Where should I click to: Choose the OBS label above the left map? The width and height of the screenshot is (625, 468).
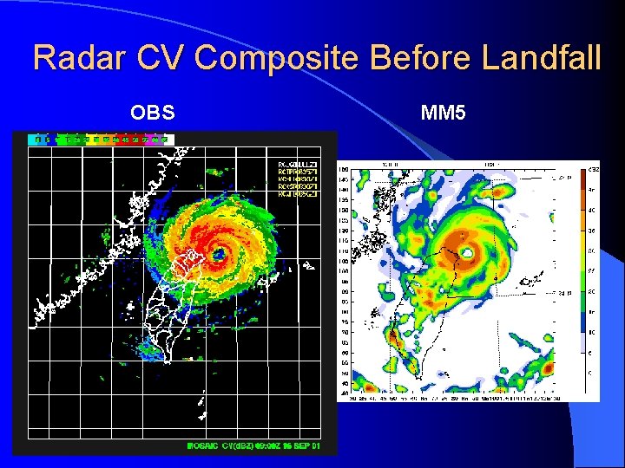pos(153,113)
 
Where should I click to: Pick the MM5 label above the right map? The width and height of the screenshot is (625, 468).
pos(443,113)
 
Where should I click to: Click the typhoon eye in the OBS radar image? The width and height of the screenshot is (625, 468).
pos(218,256)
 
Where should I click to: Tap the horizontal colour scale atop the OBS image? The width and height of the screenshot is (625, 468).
pos(102,139)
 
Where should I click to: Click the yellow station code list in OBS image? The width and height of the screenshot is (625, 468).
pos(297,179)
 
